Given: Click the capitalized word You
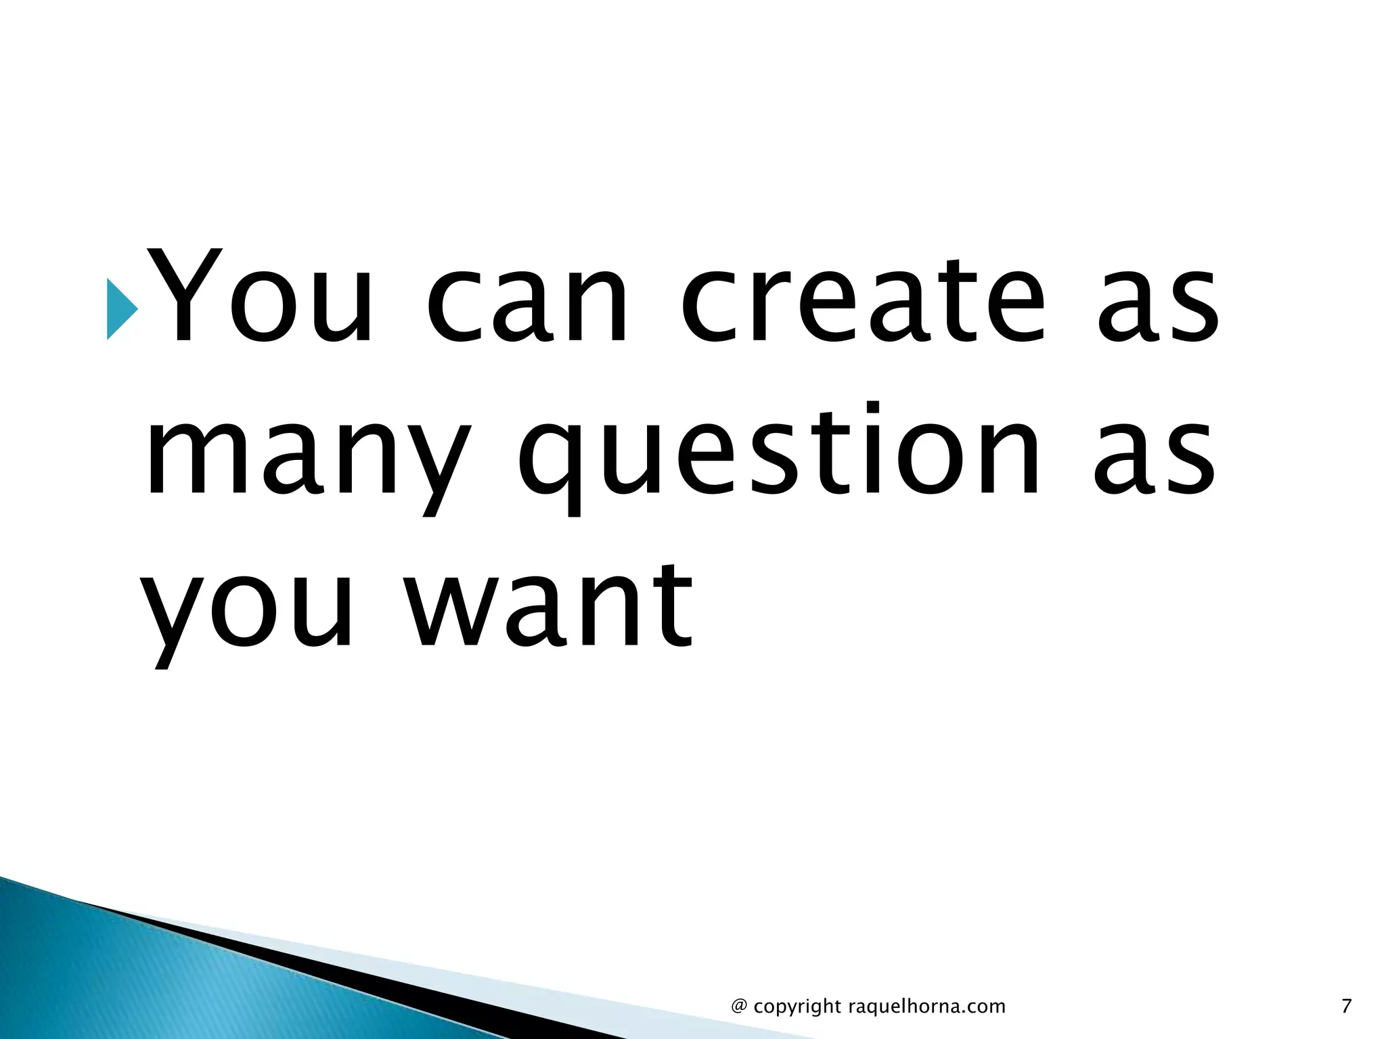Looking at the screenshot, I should tap(261, 298).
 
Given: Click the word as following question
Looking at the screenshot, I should tap(1155, 457).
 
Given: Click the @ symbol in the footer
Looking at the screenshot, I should tap(739, 1007).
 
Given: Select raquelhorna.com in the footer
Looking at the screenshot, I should tap(926, 1007).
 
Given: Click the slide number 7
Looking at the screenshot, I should tap(1346, 1007).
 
